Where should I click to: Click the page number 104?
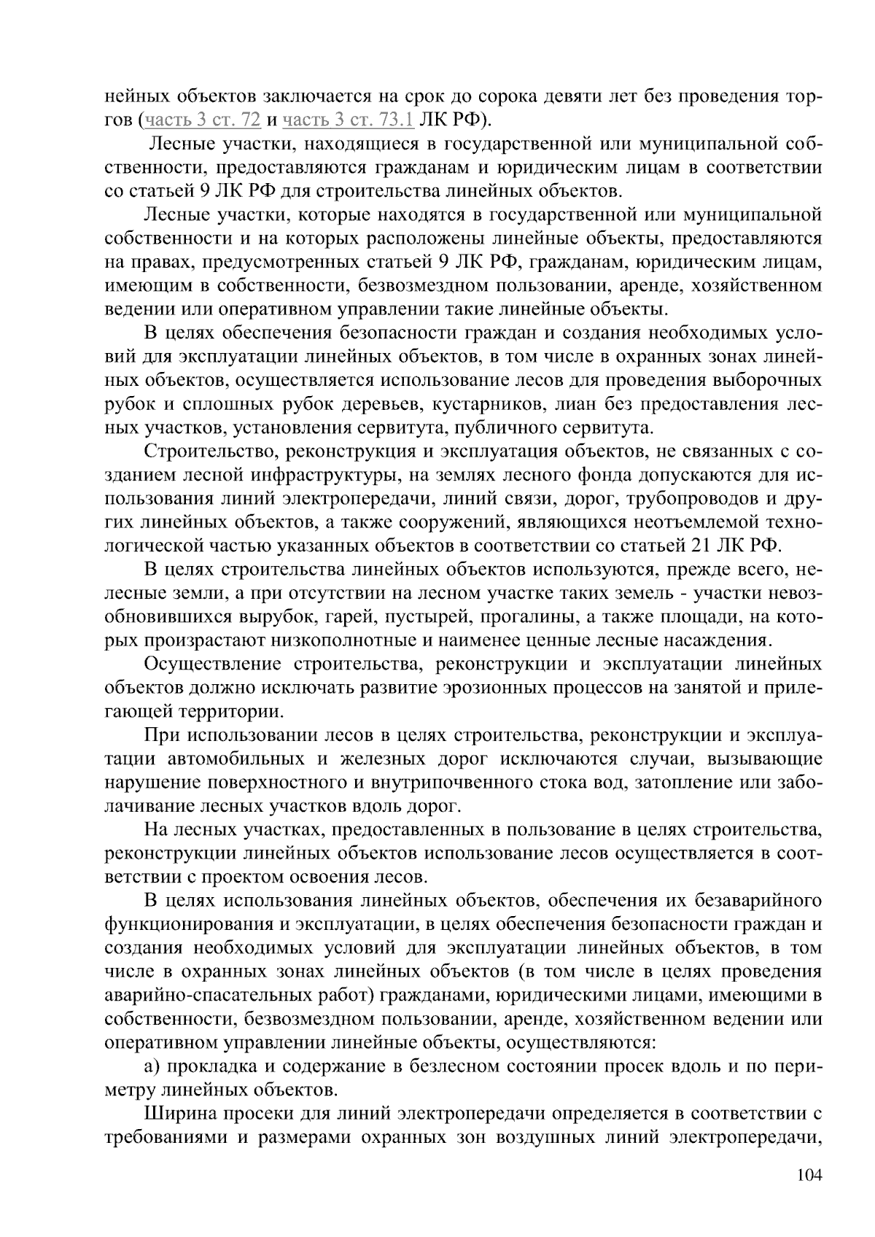pos(809,1175)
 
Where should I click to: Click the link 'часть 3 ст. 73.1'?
pos(349,120)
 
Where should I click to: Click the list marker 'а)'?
pos(152,1067)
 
